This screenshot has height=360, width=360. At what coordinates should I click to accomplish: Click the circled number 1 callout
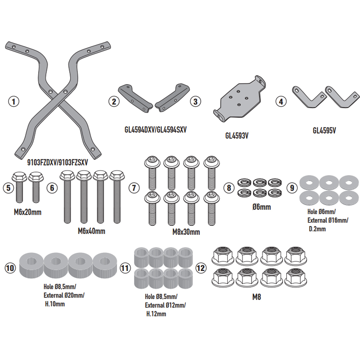click(13, 102)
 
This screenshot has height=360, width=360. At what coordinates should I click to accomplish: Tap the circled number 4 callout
click(281, 102)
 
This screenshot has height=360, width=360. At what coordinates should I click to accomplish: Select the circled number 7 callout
click(134, 188)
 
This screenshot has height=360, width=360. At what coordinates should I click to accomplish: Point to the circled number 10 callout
click(10, 268)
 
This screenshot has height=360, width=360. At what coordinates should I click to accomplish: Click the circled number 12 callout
click(201, 268)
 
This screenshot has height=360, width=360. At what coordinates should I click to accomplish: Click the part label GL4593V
click(237, 136)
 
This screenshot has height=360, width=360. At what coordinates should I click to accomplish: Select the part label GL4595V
click(324, 130)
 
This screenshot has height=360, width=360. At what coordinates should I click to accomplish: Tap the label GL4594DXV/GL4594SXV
click(155, 130)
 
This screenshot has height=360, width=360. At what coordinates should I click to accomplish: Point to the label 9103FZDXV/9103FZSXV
click(58, 162)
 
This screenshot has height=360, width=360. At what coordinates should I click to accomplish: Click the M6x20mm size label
click(27, 212)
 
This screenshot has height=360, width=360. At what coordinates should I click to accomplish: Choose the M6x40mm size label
click(91, 231)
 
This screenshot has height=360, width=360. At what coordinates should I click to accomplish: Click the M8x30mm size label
click(186, 232)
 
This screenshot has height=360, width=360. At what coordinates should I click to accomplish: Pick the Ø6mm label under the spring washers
click(261, 207)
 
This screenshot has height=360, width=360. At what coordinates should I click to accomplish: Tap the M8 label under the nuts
click(256, 297)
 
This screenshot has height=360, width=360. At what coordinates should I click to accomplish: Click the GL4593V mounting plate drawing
click(239, 99)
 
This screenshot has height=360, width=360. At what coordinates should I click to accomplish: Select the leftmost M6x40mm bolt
click(67, 197)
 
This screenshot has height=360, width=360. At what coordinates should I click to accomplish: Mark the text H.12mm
click(156, 314)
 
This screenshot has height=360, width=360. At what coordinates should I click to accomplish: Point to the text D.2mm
click(317, 229)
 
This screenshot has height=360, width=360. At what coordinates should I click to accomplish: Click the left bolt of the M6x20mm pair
click(19, 187)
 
